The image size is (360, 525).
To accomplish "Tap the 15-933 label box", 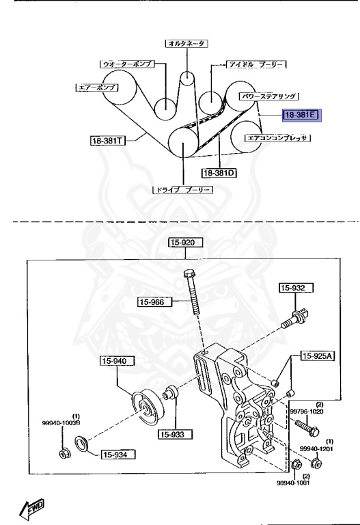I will pyautogui.click(x=176, y=434).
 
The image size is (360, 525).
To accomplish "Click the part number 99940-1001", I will pyautogui.click(x=292, y=483).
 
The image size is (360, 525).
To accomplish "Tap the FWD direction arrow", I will pyautogui.click(x=32, y=507).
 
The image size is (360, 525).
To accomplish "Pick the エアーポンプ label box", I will pyautogui.click(x=96, y=87).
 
